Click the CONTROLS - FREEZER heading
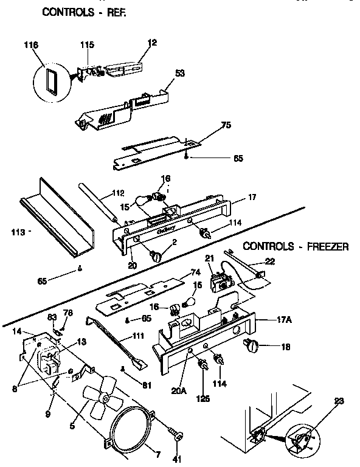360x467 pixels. coord(296,246)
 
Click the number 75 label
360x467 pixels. coord(226,126)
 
